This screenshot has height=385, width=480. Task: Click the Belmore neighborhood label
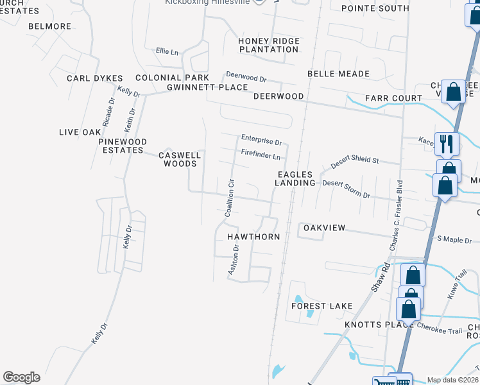coord(49,26)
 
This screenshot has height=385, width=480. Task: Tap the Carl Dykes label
coord(94,78)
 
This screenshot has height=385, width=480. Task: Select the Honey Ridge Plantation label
coord(269,45)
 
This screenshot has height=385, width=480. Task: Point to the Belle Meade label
coord(338,74)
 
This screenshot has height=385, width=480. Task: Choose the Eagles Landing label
coord(295,178)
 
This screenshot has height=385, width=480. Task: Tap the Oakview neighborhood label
coord(324,228)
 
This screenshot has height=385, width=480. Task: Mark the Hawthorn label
coord(253,237)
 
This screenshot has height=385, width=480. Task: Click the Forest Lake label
coord(322,306)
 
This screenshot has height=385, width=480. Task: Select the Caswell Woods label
coord(180,159)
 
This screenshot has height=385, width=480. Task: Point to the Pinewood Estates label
coord(122,146)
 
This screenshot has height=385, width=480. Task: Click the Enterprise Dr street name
coord(261,140)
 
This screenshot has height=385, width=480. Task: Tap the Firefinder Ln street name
coord(261,155)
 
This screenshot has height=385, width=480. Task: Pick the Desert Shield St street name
coord(355,161)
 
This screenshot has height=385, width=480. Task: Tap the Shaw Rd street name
coord(381,277)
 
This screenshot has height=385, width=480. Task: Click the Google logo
coord(21,377)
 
